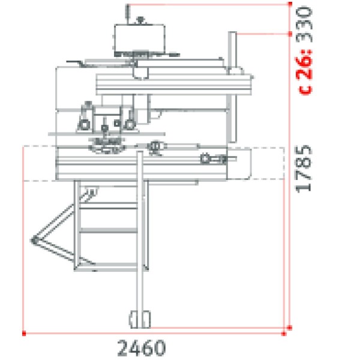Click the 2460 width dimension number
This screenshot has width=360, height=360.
point(141,347)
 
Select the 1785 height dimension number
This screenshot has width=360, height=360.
point(306,168)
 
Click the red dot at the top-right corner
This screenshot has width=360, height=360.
point(290,5)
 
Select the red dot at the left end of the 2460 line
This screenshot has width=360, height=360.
point(23,331)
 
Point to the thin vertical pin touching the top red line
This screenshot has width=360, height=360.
point(127,12)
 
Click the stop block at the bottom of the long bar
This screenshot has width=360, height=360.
point(139,318)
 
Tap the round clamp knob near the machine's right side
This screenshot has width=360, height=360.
point(207,159)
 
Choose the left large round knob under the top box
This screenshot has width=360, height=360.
point(85,125)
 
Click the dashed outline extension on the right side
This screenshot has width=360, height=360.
point(267,163)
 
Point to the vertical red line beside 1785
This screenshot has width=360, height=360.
point(290,180)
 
